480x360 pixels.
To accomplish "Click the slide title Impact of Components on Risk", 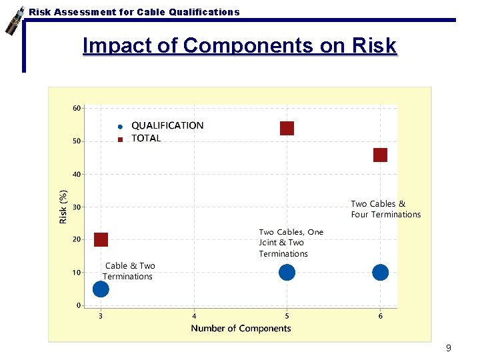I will tap(239, 46).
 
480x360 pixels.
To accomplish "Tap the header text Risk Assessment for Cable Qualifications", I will tap(134, 12).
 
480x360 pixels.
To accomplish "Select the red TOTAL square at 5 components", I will tap(287, 128).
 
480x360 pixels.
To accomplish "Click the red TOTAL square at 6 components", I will tap(380, 155).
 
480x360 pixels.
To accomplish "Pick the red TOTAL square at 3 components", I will tap(101, 239).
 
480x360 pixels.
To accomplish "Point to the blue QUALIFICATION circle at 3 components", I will tap(101, 289).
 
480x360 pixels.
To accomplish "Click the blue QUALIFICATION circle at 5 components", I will tap(287, 272).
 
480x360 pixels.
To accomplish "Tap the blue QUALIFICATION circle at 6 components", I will tap(380, 272).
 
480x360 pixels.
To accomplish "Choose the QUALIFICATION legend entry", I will tap(167, 125).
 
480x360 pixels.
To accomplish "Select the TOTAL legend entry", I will tap(146, 139).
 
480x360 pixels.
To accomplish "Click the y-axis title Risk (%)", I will tap(63, 207).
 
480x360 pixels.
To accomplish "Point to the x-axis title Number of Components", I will tap(241, 328).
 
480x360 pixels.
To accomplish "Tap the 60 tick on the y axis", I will tap(77, 108).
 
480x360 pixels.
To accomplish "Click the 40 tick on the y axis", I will tap(77, 174).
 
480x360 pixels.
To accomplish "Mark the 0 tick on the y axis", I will tap(78, 305).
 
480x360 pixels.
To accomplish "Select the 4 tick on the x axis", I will tap(194, 316).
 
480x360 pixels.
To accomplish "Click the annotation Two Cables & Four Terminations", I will tap(386, 209).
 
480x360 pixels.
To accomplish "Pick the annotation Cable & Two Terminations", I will tap(129, 271).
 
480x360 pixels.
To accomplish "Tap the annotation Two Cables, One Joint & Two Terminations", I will tap(291, 243).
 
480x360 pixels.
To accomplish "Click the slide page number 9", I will tap(449, 348).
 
